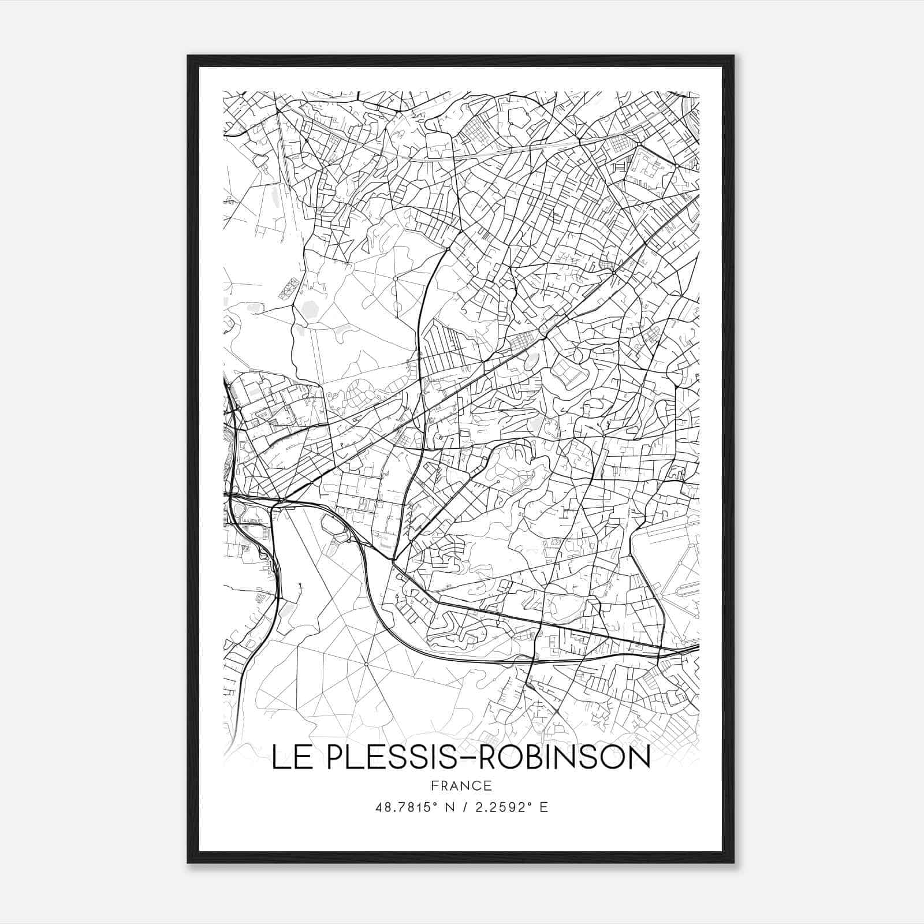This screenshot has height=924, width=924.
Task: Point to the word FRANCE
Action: point(461,786)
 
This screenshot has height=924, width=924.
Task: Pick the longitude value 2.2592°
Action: point(501,807)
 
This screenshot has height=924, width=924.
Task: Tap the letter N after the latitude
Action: point(437,807)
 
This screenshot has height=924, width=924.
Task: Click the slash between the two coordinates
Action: point(457,807)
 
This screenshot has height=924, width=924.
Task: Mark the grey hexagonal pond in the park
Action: point(310,308)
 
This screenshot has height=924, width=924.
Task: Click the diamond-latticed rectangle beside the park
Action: point(289,288)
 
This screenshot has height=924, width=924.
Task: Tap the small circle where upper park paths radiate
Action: point(396,279)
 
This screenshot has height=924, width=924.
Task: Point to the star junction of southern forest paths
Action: point(366,664)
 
